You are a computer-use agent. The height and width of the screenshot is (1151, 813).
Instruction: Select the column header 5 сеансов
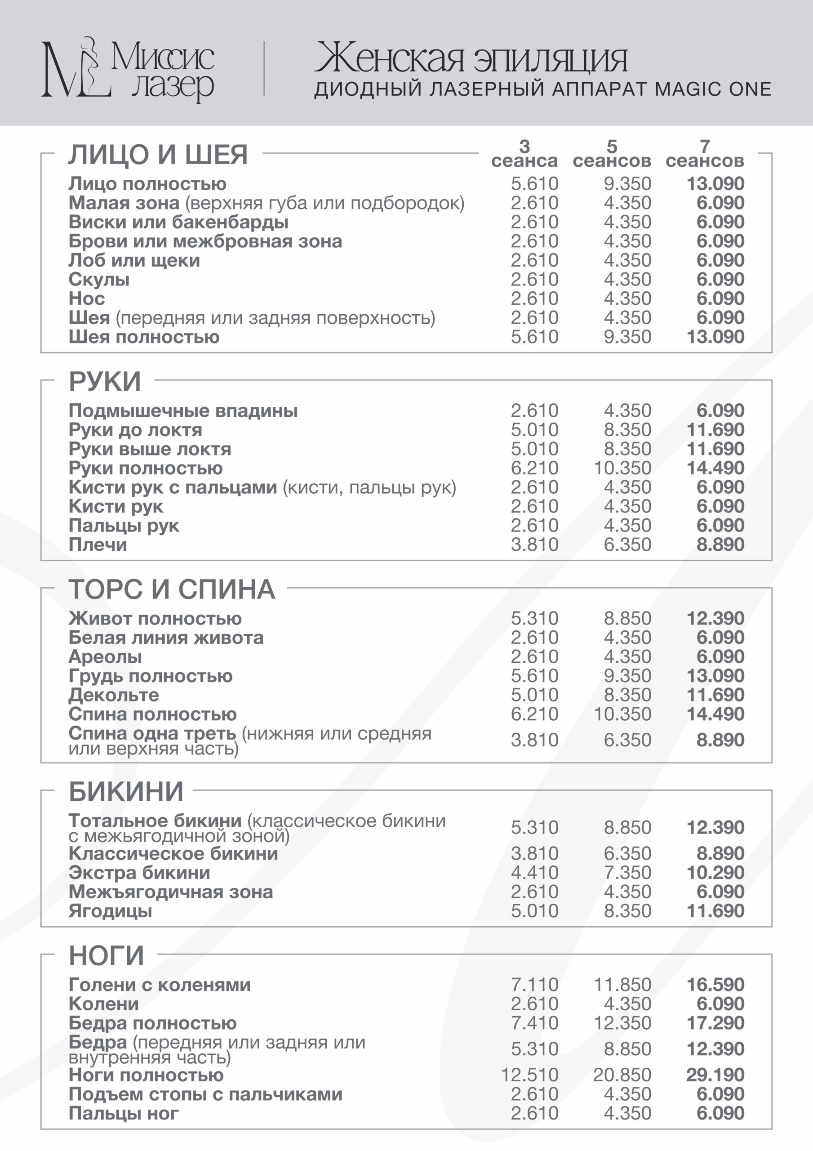(612, 154)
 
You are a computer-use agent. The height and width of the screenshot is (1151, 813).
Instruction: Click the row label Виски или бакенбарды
(178, 222)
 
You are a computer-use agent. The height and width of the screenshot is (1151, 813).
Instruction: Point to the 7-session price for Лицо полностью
(715, 183)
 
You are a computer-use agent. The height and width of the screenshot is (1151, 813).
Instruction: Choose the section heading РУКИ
(105, 382)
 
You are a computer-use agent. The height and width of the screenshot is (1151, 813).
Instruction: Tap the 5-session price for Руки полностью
(622, 468)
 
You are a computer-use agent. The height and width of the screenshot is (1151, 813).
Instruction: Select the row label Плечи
(98, 544)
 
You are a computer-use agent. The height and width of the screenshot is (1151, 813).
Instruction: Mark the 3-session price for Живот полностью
(534, 618)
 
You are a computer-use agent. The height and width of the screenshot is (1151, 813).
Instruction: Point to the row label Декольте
(114, 695)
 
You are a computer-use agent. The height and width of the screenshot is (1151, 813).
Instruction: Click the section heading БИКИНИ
(126, 792)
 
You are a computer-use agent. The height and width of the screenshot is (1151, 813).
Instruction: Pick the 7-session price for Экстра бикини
(715, 873)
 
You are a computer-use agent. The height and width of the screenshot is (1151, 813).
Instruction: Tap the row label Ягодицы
(110, 911)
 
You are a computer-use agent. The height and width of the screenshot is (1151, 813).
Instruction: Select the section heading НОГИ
(106, 955)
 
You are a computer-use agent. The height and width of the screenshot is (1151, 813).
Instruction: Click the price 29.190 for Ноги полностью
(715, 1075)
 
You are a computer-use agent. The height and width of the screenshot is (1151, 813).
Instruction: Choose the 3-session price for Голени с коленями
(534, 985)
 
